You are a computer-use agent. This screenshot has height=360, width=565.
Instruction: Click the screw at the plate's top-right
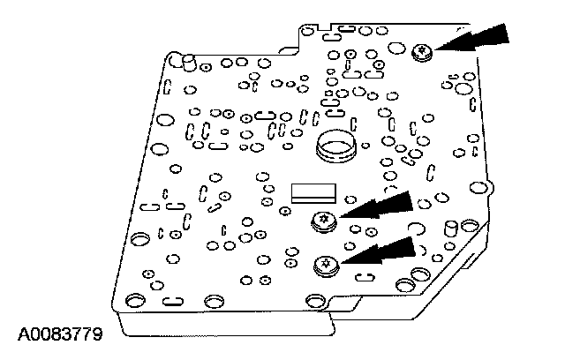pyautogui.click(x=421, y=53)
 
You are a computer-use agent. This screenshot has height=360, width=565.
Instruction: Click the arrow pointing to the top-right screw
pyautogui.click(x=477, y=39)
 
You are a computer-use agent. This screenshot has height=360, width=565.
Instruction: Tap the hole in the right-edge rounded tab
pyautogui.click(x=480, y=188)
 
